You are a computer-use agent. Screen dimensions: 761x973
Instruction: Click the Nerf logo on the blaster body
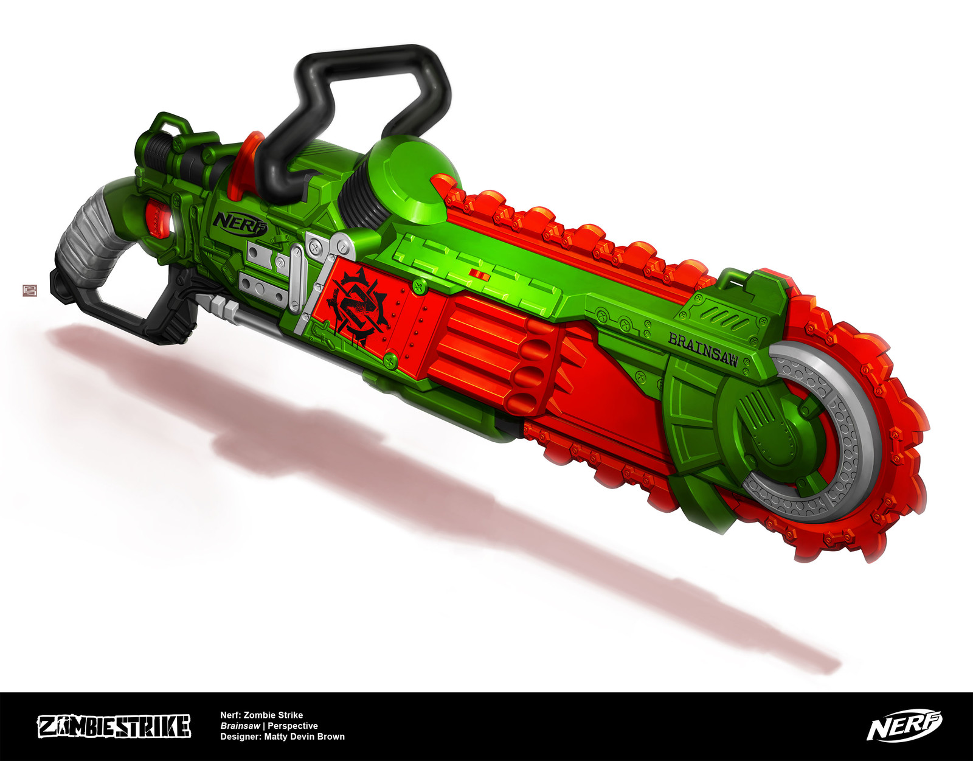240,223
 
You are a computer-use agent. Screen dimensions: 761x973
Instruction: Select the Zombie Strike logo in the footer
114,726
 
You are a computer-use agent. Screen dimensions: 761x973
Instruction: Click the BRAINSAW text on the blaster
703,349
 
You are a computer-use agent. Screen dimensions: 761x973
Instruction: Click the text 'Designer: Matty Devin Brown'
282,737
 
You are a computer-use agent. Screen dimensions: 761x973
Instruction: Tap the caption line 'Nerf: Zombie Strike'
261,715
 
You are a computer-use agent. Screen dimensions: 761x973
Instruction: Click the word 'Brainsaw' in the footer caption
240,726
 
